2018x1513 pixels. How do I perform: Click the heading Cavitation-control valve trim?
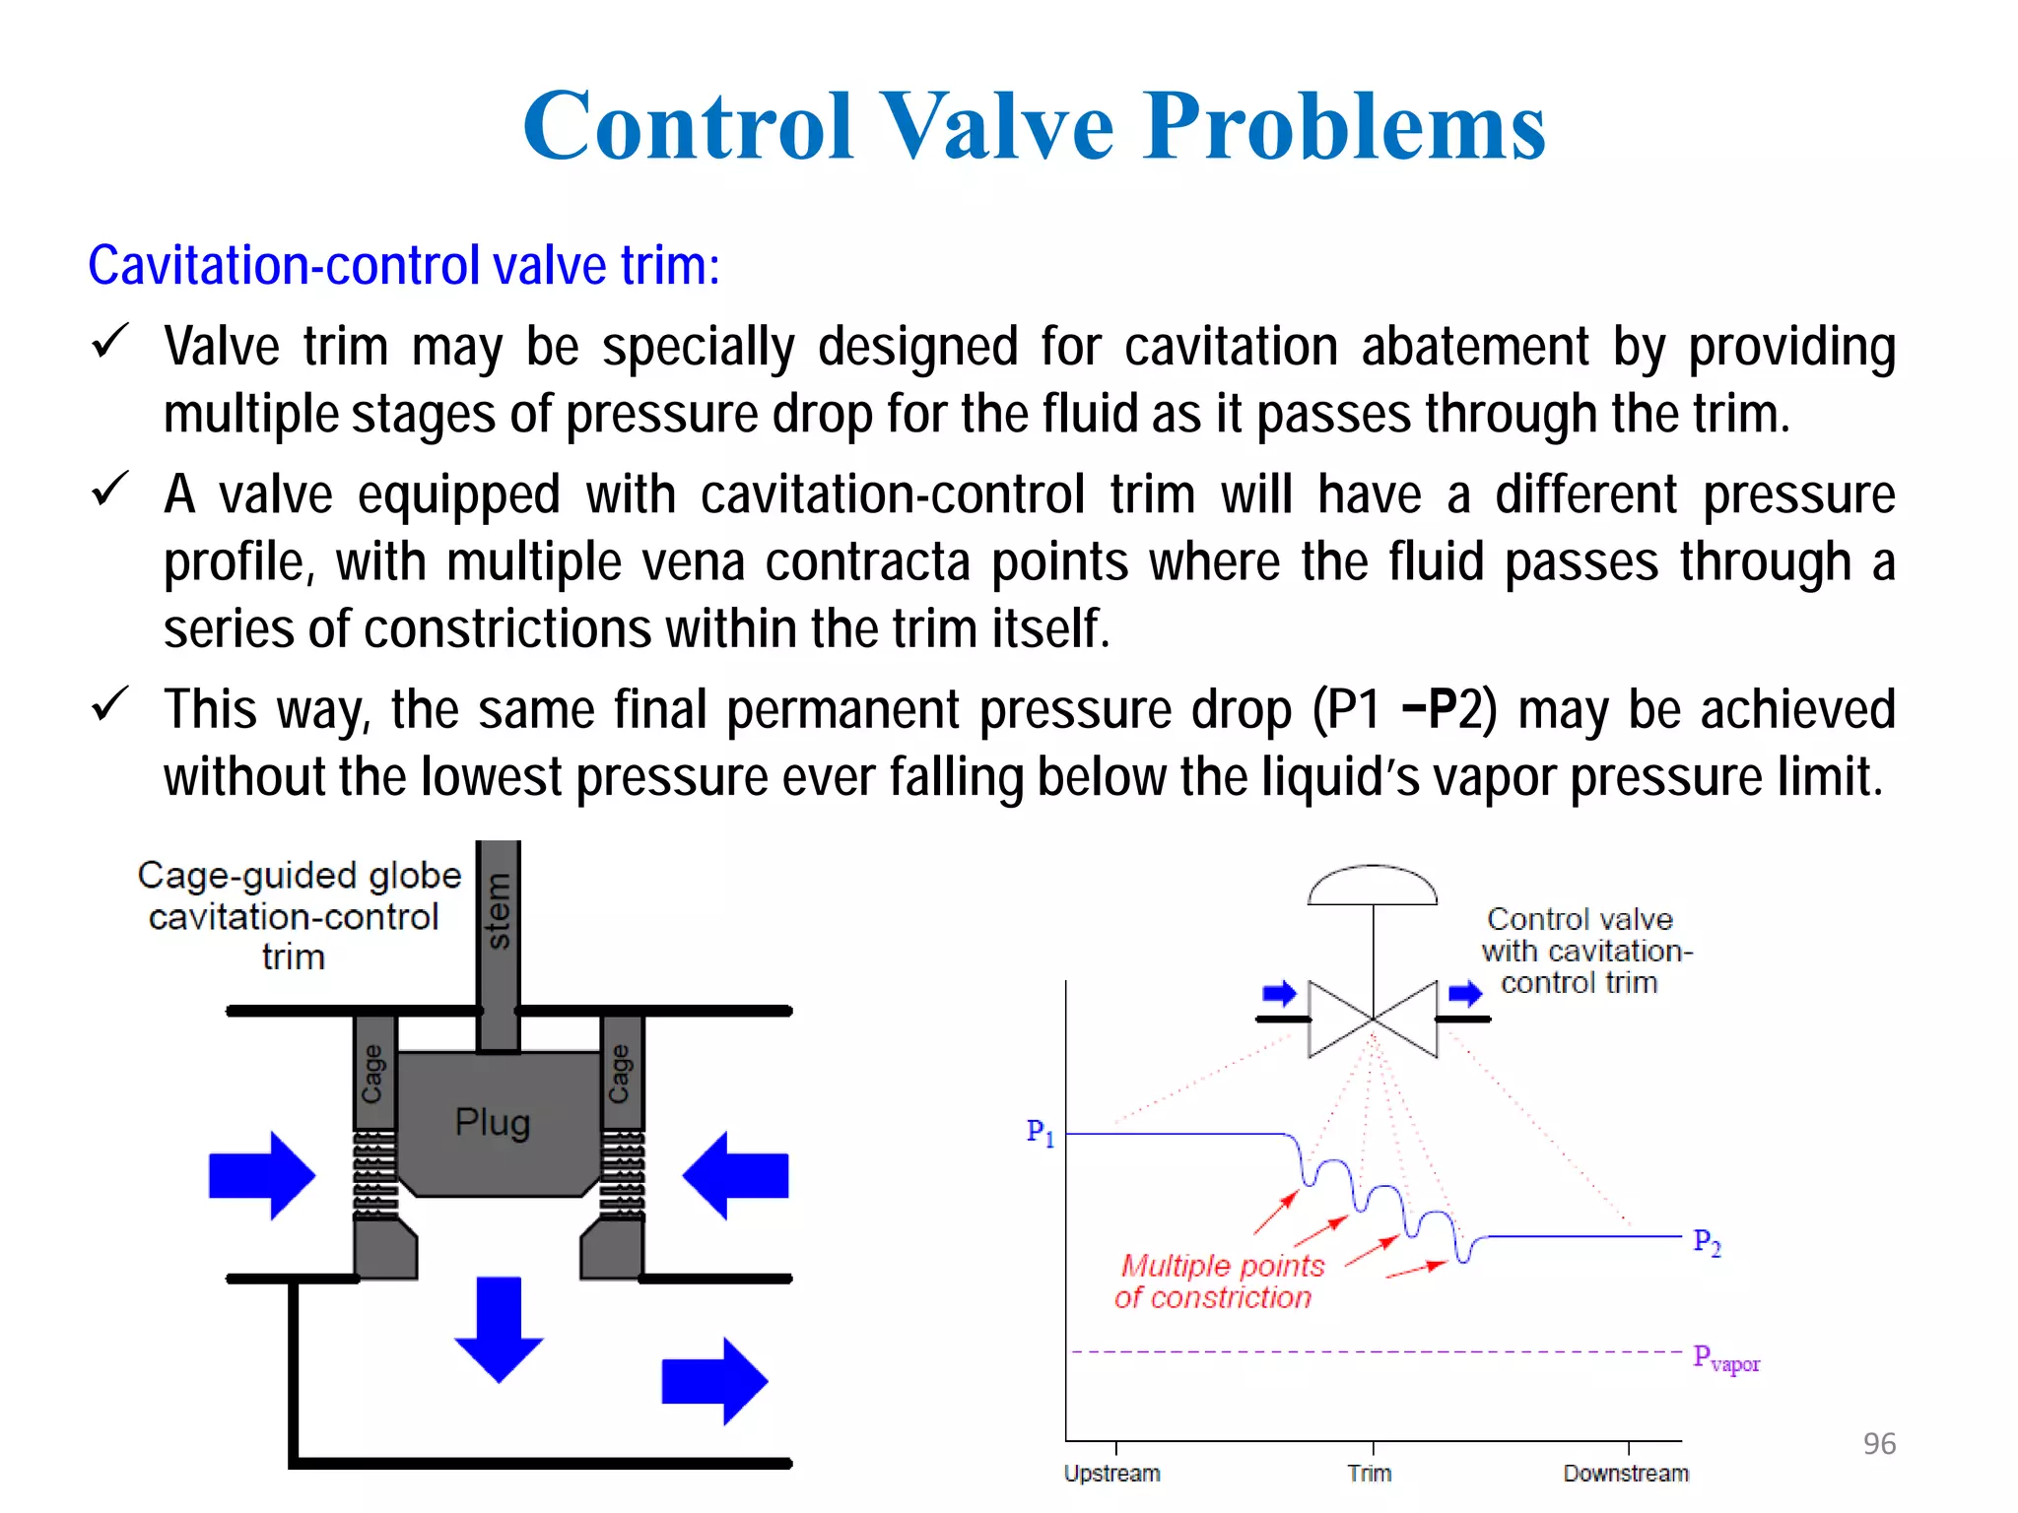tap(404, 266)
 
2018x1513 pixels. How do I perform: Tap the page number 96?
tap(1879, 1443)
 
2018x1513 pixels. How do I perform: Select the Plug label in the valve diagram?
tap(493, 1123)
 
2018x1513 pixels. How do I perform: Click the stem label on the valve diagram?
tap(499, 911)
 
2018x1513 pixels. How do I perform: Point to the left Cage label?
tap(373, 1074)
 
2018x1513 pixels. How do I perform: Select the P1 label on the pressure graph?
tap(1041, 1133)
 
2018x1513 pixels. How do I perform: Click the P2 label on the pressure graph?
tap(1707, 1242)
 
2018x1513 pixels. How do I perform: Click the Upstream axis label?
tap(1111, 1474)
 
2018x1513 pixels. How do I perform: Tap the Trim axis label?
tap(1370, 1474)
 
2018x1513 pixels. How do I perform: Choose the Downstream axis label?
tap(1626, 1474)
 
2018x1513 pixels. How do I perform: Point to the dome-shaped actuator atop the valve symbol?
tap(1373, 885)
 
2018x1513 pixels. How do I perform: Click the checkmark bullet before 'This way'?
tap(109, 704)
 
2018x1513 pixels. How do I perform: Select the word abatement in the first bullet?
tap(1475, 347)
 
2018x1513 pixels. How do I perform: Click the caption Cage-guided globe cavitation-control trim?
tap(299, 916)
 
